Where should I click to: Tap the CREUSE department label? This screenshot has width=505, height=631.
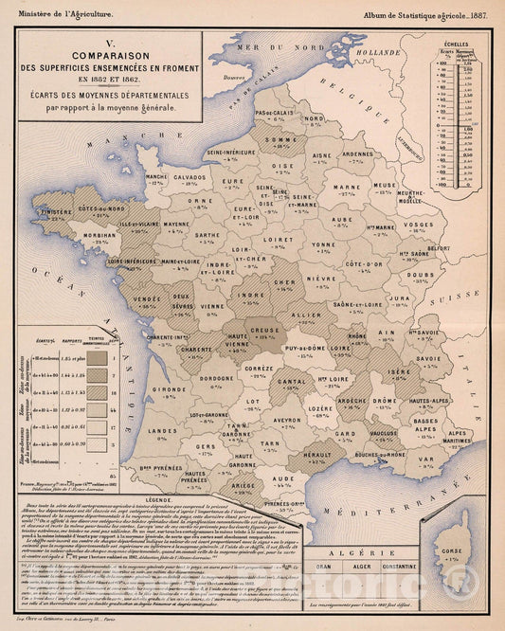point(264,332)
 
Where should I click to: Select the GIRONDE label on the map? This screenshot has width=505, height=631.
point(174,388)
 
